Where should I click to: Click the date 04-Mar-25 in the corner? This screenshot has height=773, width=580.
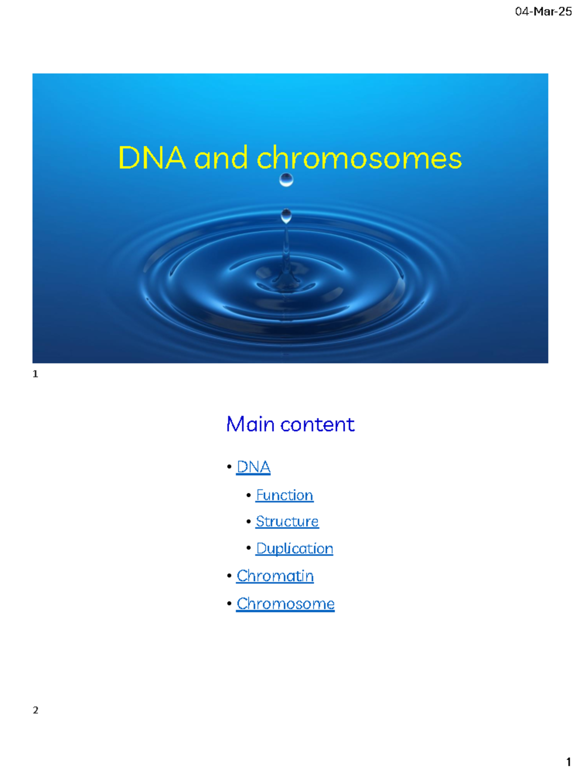543,12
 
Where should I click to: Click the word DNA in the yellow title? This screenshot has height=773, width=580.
152,158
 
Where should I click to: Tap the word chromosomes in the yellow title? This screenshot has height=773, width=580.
359,158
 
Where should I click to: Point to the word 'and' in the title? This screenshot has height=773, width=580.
221,159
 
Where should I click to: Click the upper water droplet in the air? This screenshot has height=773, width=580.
286,180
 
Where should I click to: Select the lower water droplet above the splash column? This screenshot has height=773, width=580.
286,215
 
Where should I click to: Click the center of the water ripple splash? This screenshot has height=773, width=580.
287,283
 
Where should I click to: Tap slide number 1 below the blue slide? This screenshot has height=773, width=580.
35,374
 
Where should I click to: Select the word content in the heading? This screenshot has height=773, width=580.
318,425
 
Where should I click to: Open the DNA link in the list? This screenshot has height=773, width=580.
253,467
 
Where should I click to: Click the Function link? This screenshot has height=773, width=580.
284,495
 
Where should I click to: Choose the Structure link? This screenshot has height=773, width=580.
287,522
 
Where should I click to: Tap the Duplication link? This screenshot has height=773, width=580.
294,549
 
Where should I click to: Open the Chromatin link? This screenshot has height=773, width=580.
275,576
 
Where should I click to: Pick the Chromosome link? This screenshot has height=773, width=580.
285,604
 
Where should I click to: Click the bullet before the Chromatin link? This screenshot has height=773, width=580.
229,576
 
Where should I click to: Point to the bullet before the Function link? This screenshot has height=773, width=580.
248,495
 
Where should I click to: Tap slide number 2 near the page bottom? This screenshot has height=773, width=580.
35,710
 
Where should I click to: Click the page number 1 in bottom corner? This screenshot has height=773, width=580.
568,762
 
